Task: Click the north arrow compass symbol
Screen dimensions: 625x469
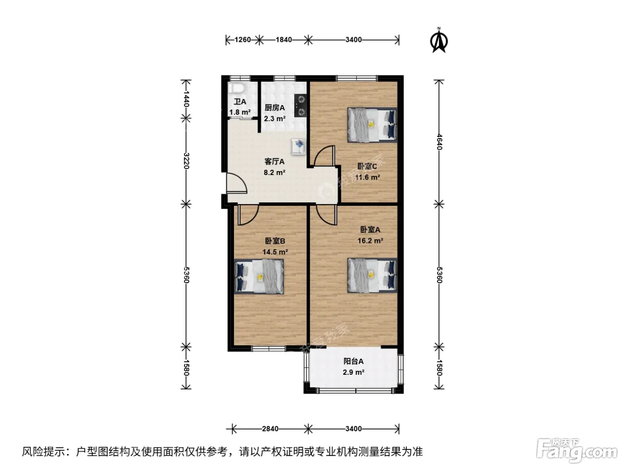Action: pos(439,40)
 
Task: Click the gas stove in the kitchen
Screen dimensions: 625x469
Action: pos(300,105)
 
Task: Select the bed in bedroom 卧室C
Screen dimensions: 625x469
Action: pos(372,125)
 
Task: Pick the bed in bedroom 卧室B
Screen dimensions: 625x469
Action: pos(259,276)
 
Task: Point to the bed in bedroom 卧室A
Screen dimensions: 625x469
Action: pos(372,275)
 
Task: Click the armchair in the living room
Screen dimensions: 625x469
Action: pos(298,147)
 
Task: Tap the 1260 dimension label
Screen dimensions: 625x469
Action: pos(242,40)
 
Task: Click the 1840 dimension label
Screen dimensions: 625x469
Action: pos(283,40)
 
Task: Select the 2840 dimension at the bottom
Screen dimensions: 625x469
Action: pos(270,428)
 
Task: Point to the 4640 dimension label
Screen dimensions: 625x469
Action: pos(439,142)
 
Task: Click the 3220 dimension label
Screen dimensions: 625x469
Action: pos(186,161)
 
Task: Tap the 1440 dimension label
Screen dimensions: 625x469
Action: pos(186,99)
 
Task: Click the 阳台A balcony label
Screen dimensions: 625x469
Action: pos(354,361)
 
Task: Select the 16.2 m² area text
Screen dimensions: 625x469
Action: pos(370,241)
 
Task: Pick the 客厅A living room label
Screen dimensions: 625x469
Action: pos(275,161)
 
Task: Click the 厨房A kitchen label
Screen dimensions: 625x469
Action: pos(275,108)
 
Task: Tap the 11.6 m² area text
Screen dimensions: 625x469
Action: pos(367,177)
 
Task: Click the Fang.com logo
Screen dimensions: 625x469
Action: pos(577,450)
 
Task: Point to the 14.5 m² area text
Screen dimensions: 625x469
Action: pos(275,252)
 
